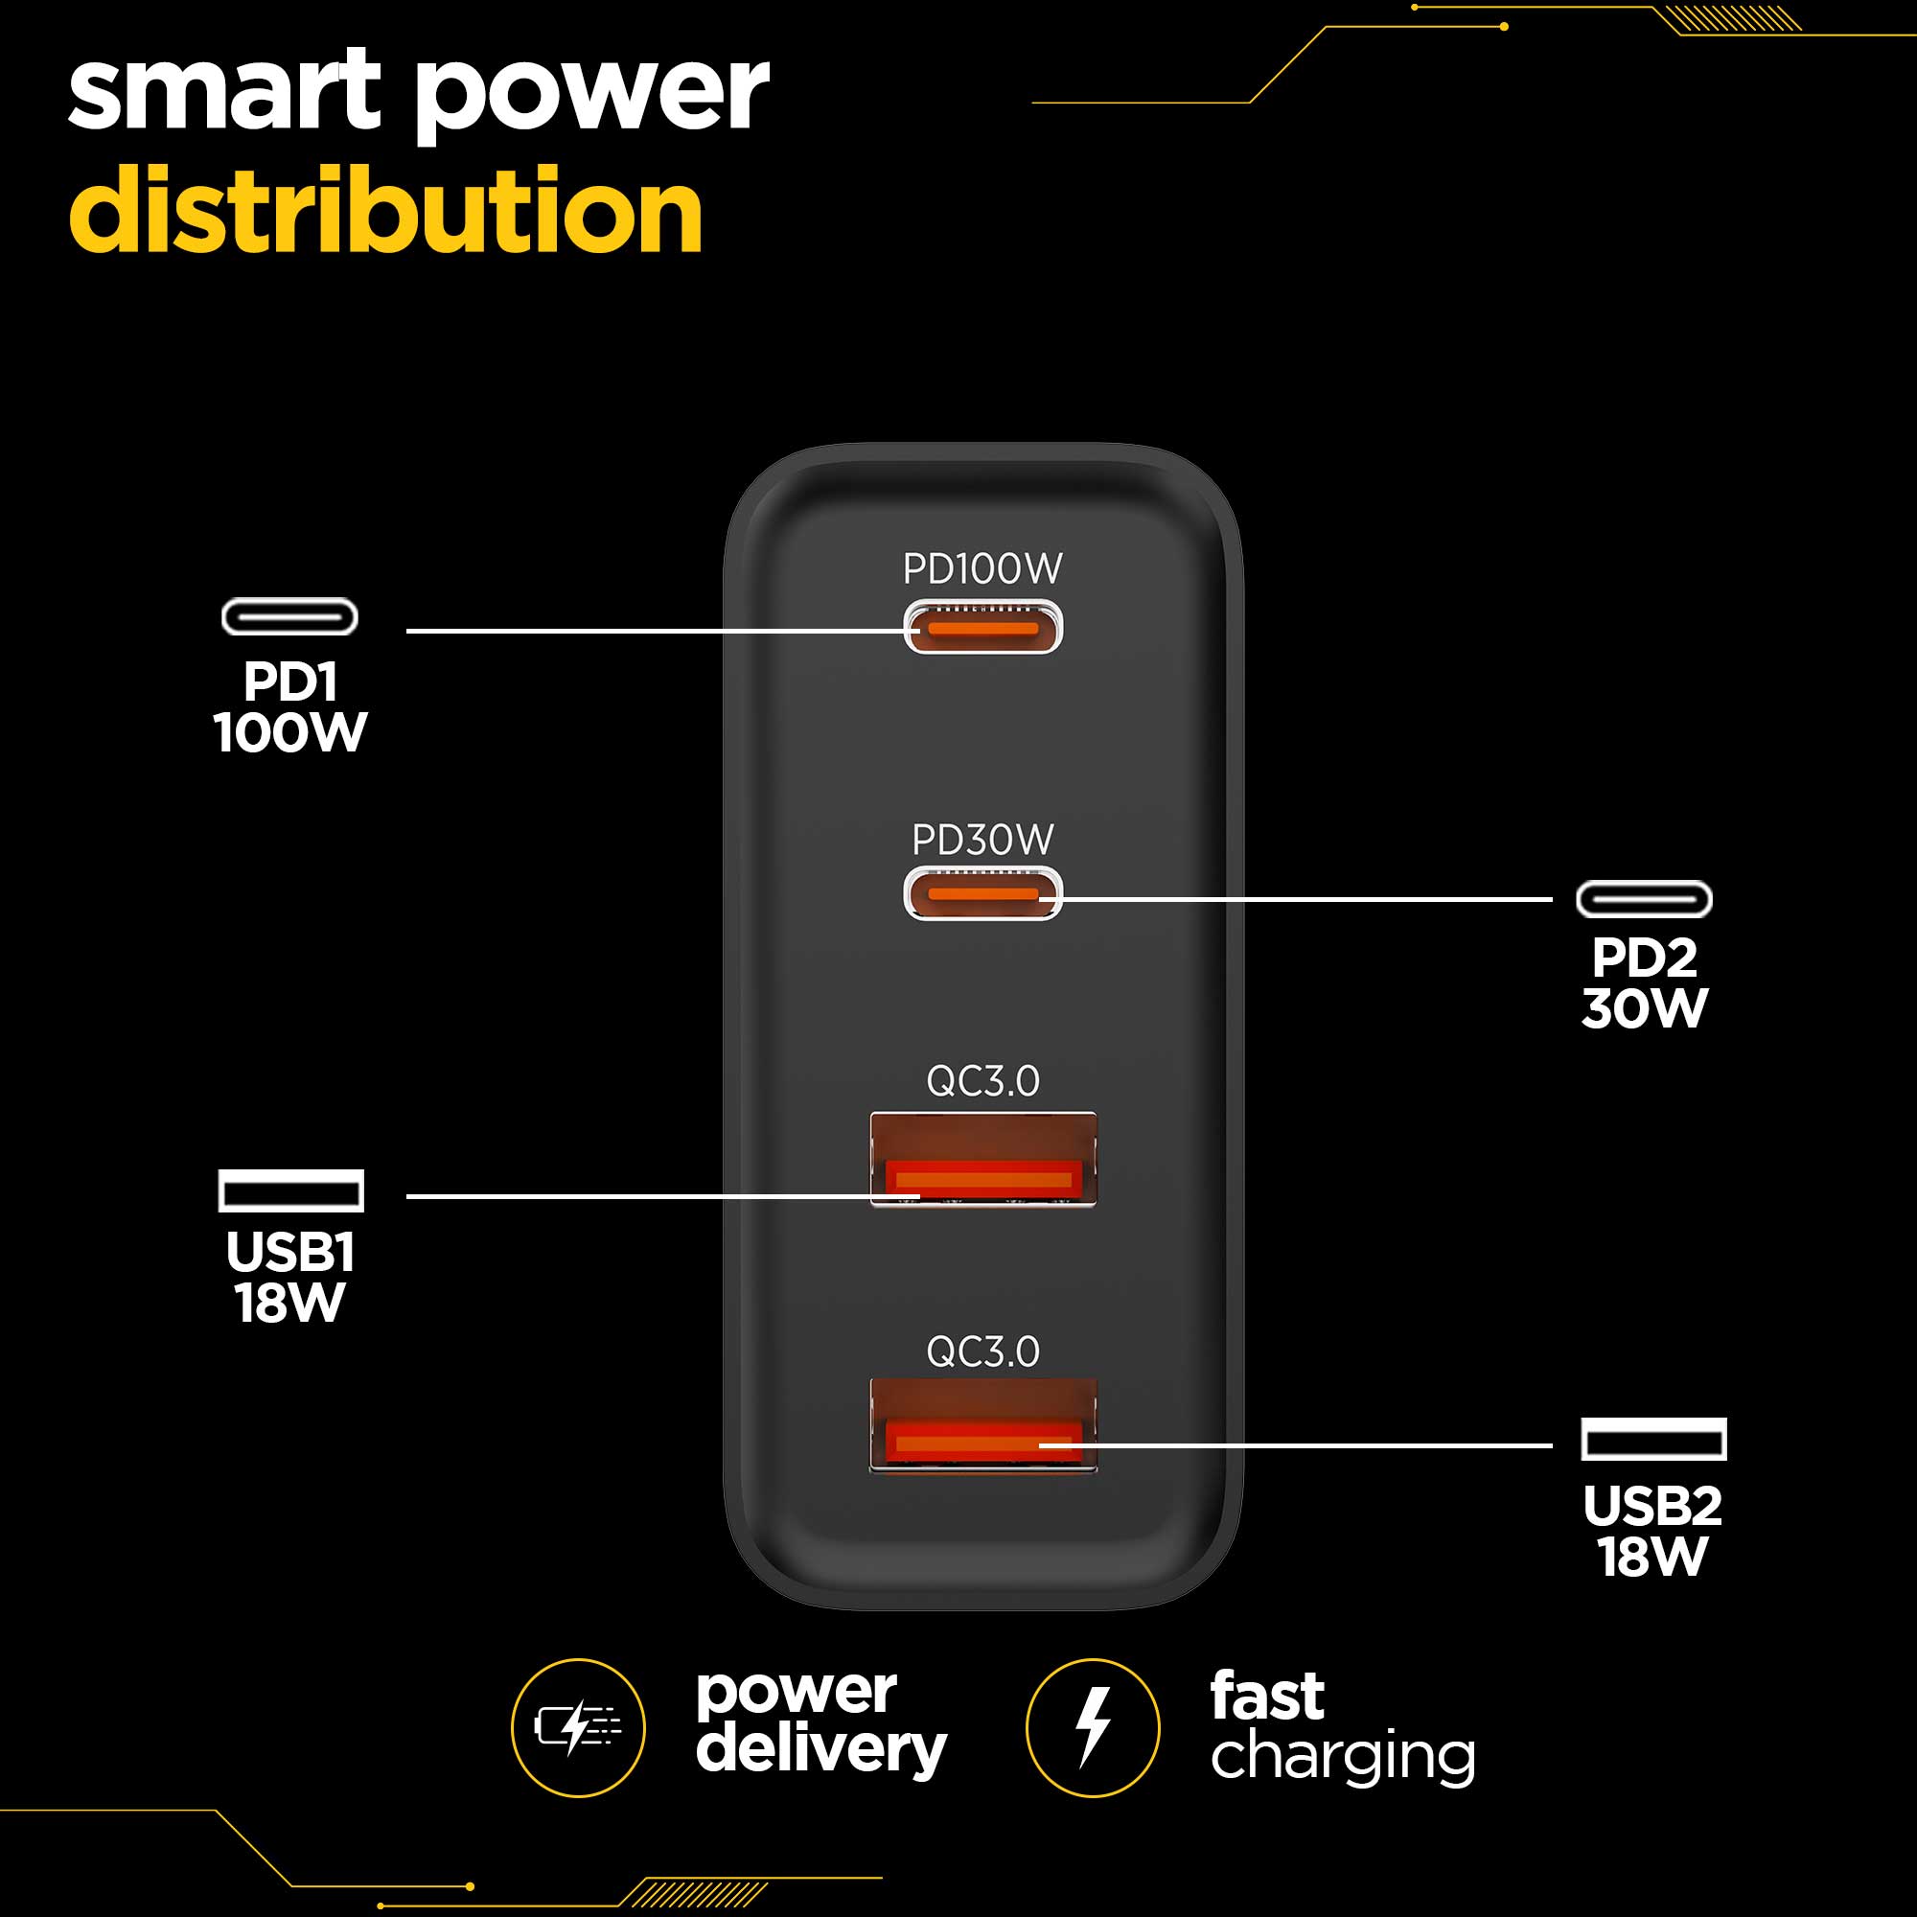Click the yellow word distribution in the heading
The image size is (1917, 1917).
386,210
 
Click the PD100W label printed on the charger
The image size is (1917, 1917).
982,568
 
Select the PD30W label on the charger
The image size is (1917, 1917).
982,840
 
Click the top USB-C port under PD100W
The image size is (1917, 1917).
982,627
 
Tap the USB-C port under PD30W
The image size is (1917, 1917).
982,894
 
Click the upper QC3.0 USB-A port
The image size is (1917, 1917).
982,1158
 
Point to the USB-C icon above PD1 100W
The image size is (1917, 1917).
289,617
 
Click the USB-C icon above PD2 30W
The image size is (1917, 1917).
1644,900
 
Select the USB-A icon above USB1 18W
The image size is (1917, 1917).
290,1190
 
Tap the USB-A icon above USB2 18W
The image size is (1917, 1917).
1653,1439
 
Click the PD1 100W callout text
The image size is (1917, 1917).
290,706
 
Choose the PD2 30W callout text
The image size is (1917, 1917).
1644,982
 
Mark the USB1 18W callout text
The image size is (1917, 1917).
290,1277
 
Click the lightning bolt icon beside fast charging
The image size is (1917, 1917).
1093,1727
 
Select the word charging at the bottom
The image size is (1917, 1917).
1342,1757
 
